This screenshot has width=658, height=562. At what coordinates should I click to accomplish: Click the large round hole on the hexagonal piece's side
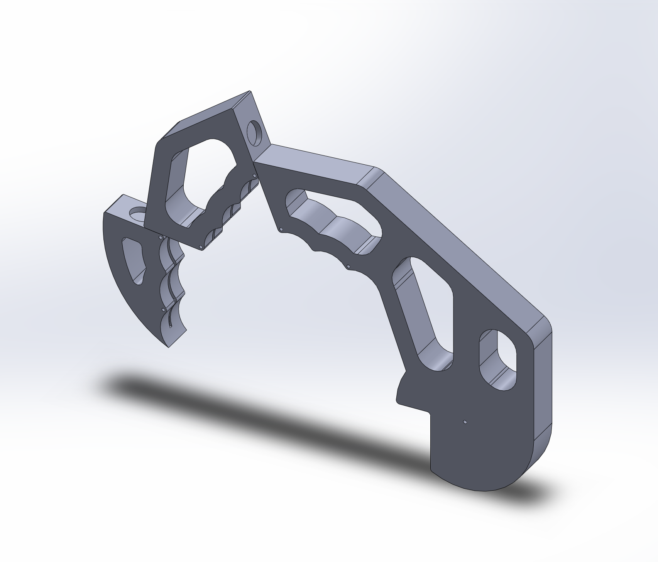[256, 133]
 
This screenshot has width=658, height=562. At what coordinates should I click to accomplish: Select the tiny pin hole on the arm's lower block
[465, 422]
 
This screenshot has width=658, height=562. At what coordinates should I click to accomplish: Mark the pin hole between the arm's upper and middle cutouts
[348, 266]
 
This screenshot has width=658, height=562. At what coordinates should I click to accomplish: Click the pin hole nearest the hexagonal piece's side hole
[254, 176]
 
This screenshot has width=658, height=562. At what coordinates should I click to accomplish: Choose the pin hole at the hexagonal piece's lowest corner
[201, 246]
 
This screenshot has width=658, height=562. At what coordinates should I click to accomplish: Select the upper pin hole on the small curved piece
[160, 238]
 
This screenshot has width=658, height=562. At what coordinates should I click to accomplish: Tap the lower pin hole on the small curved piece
[164, 309]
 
